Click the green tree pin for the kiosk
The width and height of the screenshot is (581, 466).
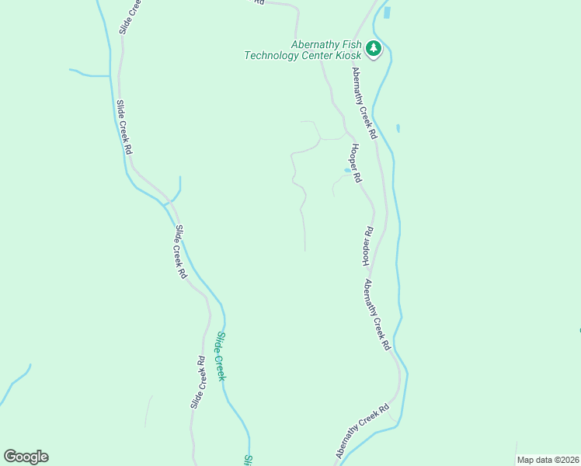click(x=374, y=49)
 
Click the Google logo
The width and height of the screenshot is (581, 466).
click(x=26, y=457)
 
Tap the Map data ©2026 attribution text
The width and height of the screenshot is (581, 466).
click(x=548, y=460)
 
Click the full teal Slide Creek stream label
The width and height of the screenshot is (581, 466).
click(x=221, y=356)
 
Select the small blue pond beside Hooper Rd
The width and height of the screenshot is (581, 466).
click(x=347, y=170)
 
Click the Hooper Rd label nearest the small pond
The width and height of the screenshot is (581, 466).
click(x=356, y=163)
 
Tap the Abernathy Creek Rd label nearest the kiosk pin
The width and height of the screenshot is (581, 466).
click(x=364, y=103)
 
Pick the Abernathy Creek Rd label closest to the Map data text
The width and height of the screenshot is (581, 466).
click(x=362, y=429)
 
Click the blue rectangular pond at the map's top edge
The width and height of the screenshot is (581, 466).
click(x=387, y=12)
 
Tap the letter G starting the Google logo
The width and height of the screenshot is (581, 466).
click(x=10, y=457)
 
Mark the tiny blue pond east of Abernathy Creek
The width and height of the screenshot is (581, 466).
click(x=398, y=128)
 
